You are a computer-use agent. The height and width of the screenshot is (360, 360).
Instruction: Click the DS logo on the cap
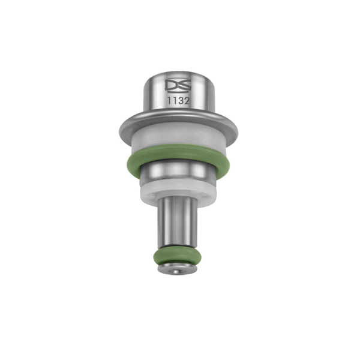pyautogui.click(x=178, y=86)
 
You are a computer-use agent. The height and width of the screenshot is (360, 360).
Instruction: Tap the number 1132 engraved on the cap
pyautogui.click(x=179, y=101)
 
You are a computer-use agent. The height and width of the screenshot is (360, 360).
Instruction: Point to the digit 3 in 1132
pyautogui.click(x=181, y=101)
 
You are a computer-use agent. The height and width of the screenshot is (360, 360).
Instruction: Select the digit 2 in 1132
pyautogui.click(x=187, y=101)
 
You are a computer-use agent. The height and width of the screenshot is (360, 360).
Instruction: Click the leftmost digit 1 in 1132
pyautogui.click(x=170, y=101)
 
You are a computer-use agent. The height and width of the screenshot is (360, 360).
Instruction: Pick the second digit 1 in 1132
pyautogui.click(x=175, y=101)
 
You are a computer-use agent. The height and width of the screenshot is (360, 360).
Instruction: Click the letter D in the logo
pyautogui.click(x=173, y=86)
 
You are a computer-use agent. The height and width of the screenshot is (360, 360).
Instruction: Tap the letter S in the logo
pyautogui.click(x=184, y=86)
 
